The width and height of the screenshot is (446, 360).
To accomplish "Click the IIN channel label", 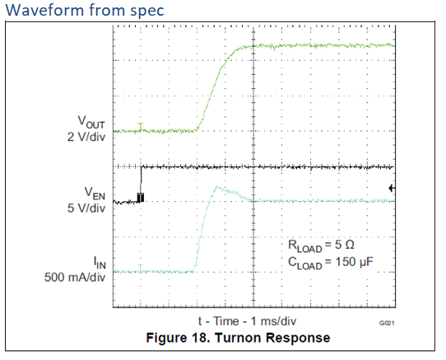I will (x=96, y=263).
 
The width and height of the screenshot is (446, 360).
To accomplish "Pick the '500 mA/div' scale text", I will (x=75, y=277).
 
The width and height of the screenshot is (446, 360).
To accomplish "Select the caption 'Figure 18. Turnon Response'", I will (x=249, y=338).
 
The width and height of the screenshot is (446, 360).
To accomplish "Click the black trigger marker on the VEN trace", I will (x=141, y=198).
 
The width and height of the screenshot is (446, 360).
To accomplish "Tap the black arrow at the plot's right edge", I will (x=392, y=189).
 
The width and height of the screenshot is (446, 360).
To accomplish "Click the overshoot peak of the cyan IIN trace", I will (x=216, y=187).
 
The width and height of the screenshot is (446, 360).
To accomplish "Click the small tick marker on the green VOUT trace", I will (x=142, y=128).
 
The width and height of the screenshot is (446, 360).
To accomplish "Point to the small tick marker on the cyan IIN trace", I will (x=142, y=269).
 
